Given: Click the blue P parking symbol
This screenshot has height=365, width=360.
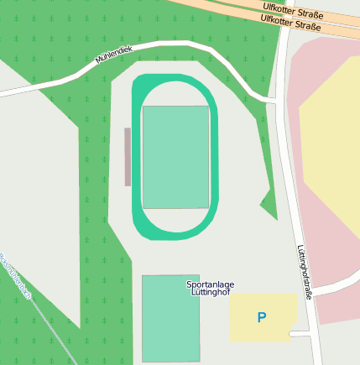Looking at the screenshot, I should pyautogui.click(x=262, y=318).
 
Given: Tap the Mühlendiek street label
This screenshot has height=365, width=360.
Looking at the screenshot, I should pyautogui.click(x=114, y=55).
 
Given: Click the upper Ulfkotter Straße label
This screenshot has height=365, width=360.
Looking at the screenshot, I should pyautogui.click(x=294, y=11).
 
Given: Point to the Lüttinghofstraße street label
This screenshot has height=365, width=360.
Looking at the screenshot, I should pyautogui.click(x=304, y=272).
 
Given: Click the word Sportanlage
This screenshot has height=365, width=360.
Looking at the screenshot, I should pyautogui.click(x=210, y=284).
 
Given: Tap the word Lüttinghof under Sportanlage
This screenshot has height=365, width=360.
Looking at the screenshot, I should pyautogui.click(x=210, y=293).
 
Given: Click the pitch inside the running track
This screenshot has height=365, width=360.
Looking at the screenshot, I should pyautogui.click(x=175, y=157).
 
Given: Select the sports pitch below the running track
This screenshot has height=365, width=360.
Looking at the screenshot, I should pyautogui.click(x=170, y=318).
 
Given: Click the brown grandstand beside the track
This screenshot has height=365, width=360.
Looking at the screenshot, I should pyautogui.click(x=128, y=156).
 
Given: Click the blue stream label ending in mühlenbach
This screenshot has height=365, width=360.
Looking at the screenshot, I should pyautogui.click(x=17, y=277).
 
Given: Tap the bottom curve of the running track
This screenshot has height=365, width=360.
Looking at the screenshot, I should pyautogui.click(x=175, y=232).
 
